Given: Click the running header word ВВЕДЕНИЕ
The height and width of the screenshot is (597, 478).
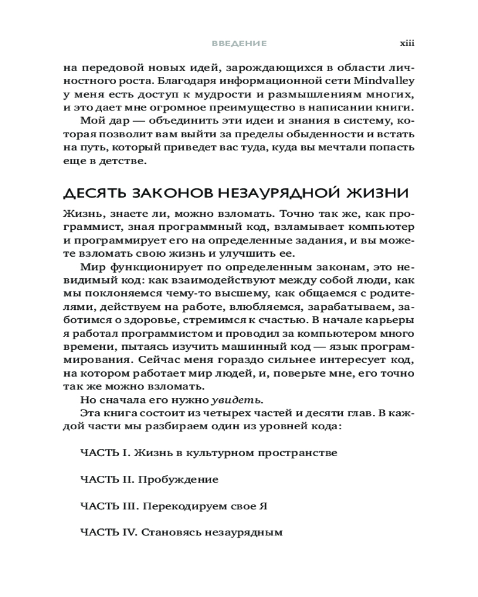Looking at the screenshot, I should [x=239, y=44].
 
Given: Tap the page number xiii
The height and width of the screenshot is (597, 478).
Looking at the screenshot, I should [x=407, y=44].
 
